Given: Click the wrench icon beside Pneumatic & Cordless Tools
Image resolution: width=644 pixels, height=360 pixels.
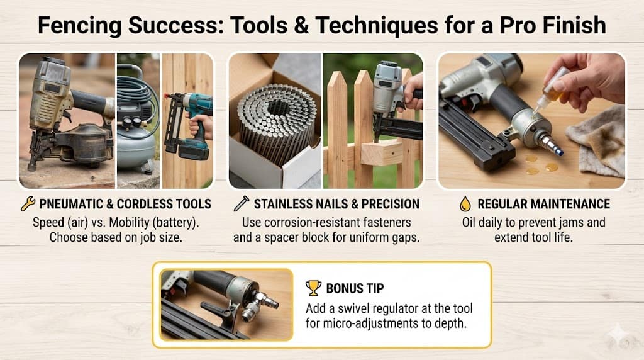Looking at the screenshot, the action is [28, 204].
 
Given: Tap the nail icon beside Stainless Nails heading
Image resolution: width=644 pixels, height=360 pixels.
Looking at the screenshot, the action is [241, 204].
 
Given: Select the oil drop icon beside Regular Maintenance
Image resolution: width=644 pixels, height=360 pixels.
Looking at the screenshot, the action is [465, 204].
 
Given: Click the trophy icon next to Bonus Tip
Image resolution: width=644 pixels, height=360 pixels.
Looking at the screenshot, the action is [313, 288].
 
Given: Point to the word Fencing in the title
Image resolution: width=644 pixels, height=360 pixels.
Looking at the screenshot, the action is [79, 25].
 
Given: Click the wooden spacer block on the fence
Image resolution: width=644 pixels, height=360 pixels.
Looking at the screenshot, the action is [382, 152].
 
